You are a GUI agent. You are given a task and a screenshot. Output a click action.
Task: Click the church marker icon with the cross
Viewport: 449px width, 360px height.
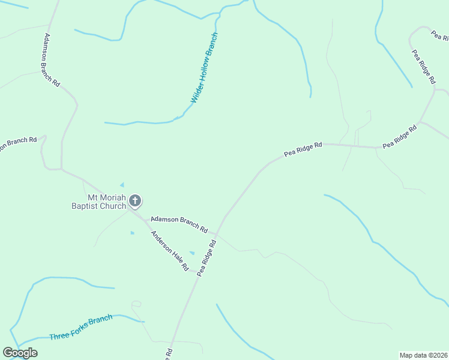pos(135,200)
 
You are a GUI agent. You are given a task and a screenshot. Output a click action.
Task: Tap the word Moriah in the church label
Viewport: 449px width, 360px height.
pos(108,197)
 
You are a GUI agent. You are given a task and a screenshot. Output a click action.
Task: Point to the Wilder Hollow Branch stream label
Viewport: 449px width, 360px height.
pos(204,68)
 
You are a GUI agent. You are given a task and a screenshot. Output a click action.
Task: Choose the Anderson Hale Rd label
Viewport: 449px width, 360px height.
pos(170,250)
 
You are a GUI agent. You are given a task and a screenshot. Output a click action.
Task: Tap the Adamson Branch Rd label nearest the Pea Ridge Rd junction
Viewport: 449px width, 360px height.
pos(179,224)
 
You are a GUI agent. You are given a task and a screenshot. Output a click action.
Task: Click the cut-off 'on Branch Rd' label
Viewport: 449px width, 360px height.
pos(18,143)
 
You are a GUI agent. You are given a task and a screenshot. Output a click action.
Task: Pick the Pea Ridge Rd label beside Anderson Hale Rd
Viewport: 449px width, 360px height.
pos(206,259)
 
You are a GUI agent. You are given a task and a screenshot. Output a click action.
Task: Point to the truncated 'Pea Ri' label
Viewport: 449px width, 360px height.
pos(440,35)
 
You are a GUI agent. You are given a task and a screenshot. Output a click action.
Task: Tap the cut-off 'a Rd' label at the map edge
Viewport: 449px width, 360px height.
pos(170,354)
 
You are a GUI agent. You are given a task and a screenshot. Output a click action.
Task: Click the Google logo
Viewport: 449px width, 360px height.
pos(20,353)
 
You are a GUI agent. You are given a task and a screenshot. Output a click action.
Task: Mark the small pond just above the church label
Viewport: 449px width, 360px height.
pos(122,184)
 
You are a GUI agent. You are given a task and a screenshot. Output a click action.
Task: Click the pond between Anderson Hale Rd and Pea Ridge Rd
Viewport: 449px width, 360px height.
pos(191,253)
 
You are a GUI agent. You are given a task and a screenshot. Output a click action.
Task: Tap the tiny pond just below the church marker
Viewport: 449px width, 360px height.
pos(132,232)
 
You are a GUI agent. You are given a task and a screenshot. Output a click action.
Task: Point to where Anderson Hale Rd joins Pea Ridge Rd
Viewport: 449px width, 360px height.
pos(198,276)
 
